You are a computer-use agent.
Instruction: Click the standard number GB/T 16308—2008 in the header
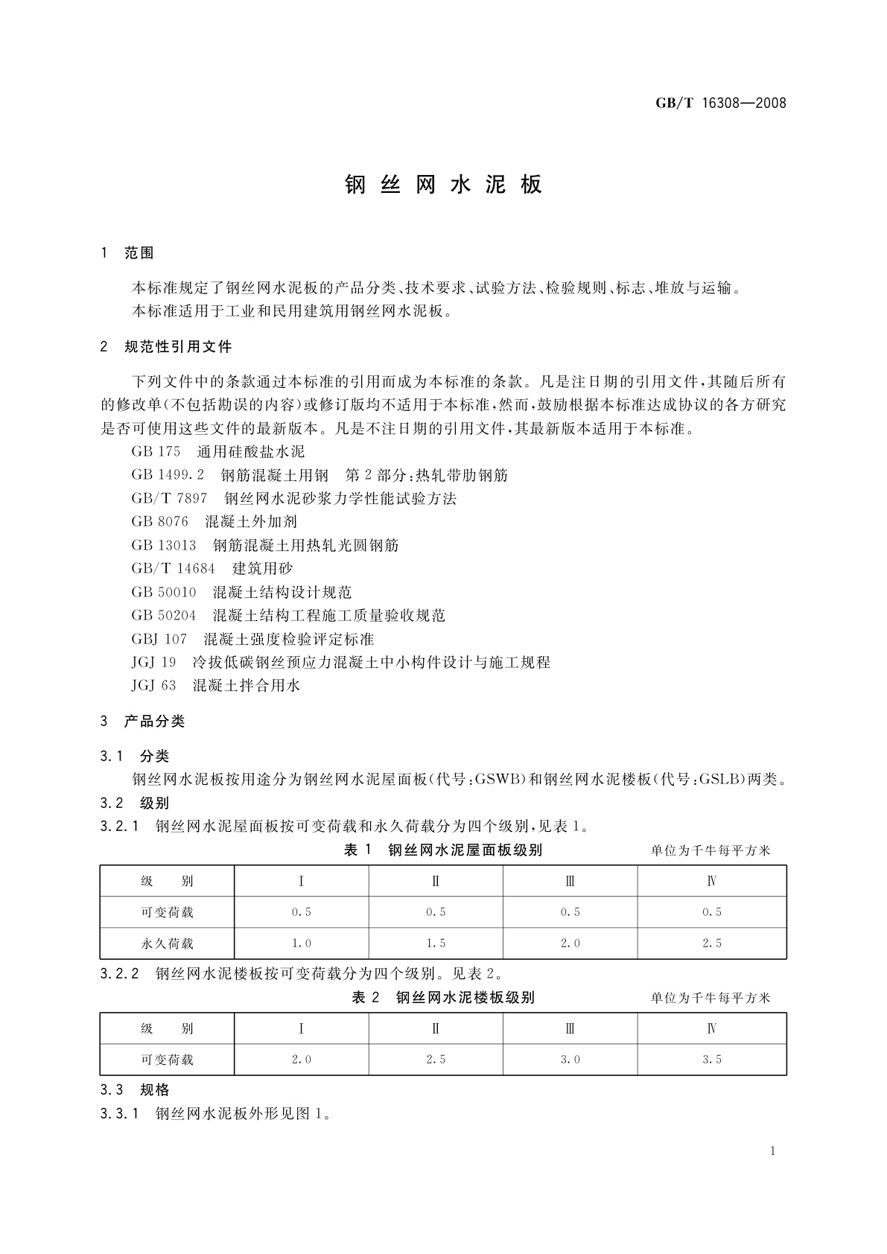[720, 103]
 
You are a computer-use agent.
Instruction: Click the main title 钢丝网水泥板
[444, 185]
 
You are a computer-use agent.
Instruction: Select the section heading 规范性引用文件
[178, 347]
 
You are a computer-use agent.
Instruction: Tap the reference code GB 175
[156, 452]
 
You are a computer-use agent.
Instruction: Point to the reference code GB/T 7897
[169, 499]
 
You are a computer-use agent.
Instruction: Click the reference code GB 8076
[159, 522]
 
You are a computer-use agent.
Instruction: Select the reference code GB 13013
[164, 546]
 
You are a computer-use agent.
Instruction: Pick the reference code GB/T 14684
[173, 569]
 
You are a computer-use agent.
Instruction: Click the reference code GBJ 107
[159, 640]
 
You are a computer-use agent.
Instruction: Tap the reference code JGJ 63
[153, 686]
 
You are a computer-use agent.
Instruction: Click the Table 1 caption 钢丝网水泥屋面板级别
[465, 850]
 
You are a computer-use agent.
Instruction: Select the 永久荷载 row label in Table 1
[167, 943]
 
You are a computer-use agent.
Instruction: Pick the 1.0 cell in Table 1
[301, 943]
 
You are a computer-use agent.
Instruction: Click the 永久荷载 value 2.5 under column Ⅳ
[711, 943]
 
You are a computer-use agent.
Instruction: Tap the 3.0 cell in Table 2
[570, 1060]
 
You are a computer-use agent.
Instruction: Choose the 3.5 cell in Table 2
[711, 1060]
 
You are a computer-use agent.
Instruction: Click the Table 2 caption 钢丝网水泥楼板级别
[465, 998]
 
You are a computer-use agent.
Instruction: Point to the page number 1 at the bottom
[773, 1151]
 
